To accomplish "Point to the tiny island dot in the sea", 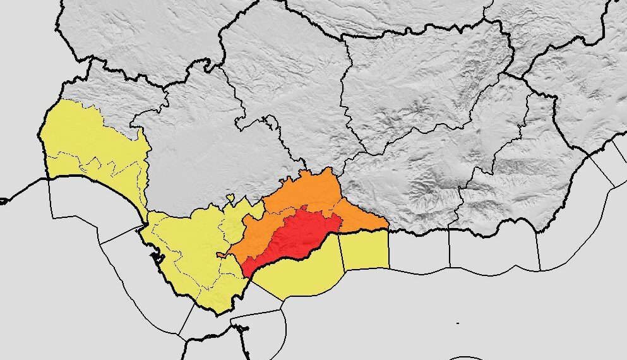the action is [x=458, y=323].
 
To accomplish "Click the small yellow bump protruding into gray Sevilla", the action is [x=230, y=198].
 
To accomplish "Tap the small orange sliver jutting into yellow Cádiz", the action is [x=222, y=255].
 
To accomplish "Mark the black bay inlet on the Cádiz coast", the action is [x=153, y=256].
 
